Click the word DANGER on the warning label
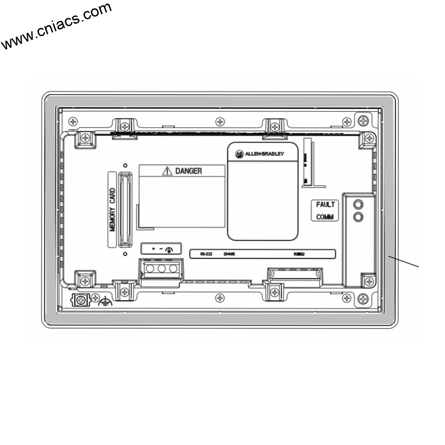point(189,171)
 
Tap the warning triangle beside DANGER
point(167,171)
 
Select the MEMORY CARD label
point(113,209)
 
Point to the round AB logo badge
point(238,154)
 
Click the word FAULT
point(325,205)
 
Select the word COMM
point(325,217)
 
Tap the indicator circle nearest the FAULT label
point(359,204)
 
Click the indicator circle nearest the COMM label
point(359,216)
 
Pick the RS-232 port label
point(206,254)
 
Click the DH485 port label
point(229,254)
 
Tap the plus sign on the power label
point(153,249)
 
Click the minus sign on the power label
point(161,249)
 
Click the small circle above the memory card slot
point(125,166)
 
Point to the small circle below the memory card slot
point(125,254)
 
